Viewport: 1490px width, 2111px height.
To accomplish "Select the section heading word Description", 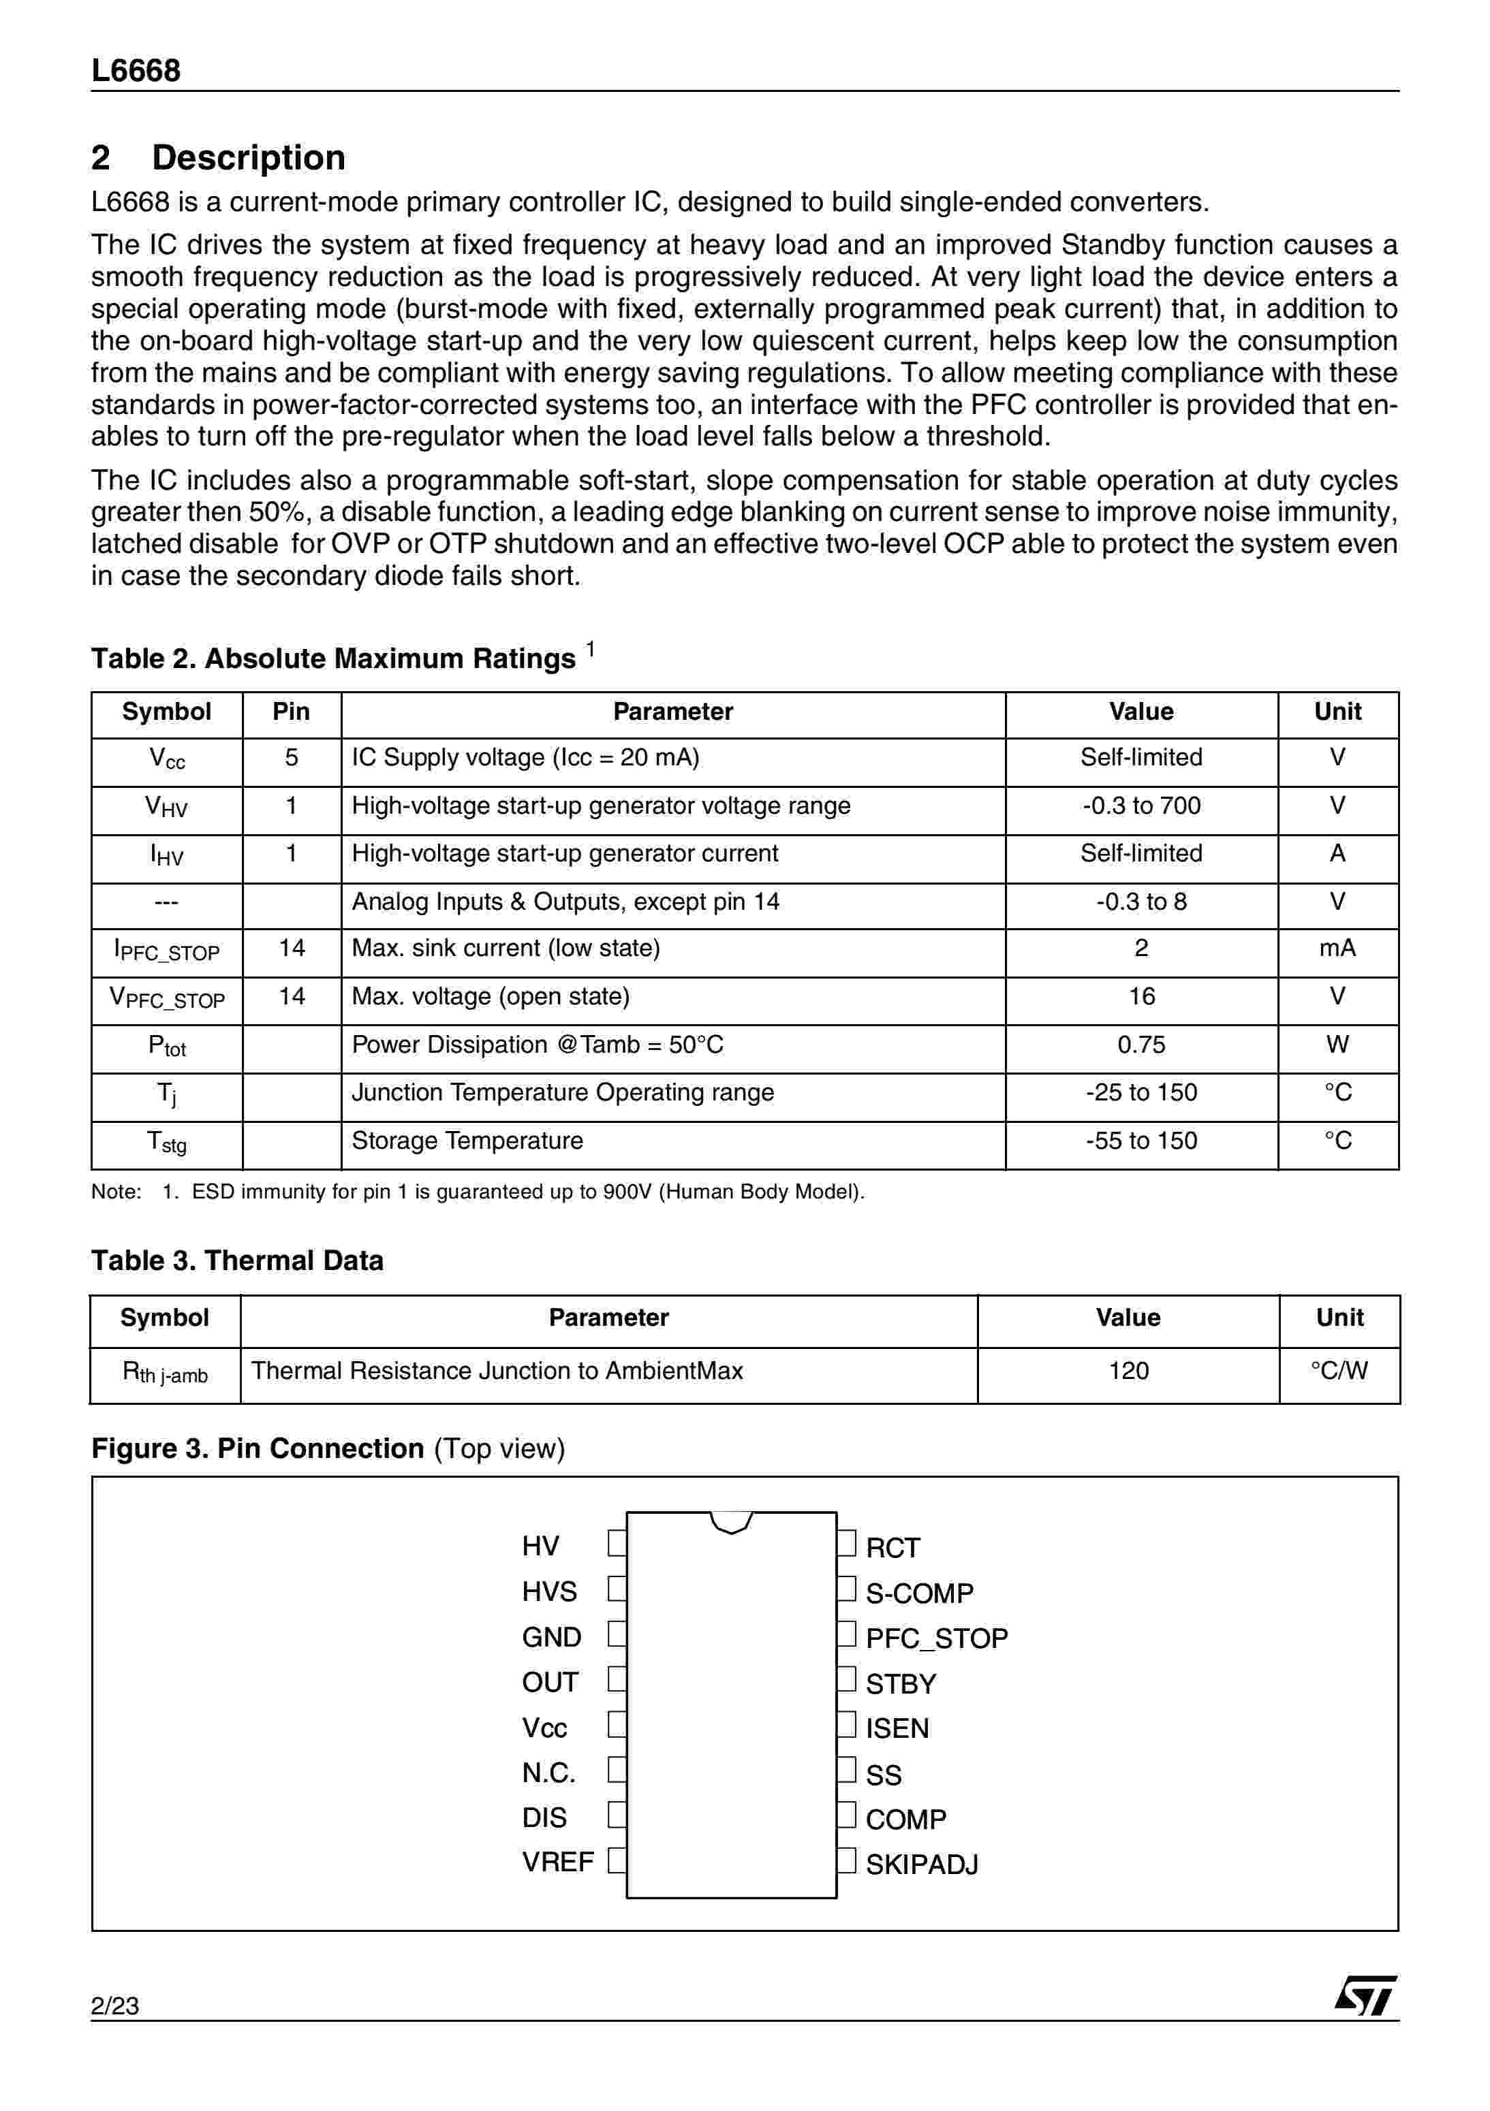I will (248, 157).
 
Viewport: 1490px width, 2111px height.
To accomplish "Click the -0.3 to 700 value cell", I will (1140, 806).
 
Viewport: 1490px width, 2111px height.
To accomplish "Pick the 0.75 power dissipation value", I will (1140, 1045).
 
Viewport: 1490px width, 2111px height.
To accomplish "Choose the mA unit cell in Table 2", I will (1337, 949).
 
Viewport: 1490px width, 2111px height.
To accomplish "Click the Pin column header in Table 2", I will (291, 712).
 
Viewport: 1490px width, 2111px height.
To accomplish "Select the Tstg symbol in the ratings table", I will (166, 1143).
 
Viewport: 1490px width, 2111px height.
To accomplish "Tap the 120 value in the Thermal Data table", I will (1128, 1371).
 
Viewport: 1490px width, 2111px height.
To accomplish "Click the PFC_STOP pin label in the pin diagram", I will (936, 1638).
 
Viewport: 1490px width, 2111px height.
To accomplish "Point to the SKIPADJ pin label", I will (922, 1864).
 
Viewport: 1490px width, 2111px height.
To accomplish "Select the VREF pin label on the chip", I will (557, 1862).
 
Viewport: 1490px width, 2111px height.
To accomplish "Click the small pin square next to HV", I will (617, 1544).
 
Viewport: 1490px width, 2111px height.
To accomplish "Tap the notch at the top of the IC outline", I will (731, 1523).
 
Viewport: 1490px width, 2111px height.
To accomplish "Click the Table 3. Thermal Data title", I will (237, 1260).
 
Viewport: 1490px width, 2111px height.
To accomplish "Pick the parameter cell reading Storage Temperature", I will (467, 1141).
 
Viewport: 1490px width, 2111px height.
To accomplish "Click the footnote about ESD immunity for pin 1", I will (478, 1192).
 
